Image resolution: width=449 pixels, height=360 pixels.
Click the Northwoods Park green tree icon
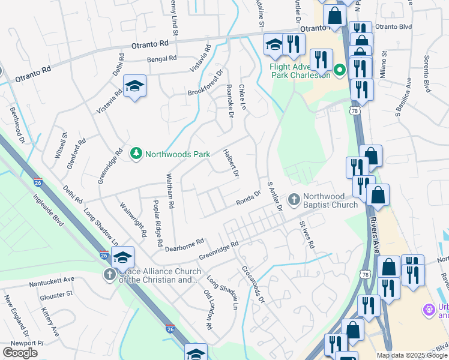[x=136, y=154]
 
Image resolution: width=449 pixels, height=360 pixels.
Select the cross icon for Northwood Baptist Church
[x=294, y=199]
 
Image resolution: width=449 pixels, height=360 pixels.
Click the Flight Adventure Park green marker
[x=339, y=70]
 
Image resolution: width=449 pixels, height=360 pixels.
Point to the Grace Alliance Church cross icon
[x=110, y=275]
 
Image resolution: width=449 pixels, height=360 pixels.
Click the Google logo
[x=20, y=353]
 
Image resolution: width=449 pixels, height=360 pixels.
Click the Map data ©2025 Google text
[x=412, y=355]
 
